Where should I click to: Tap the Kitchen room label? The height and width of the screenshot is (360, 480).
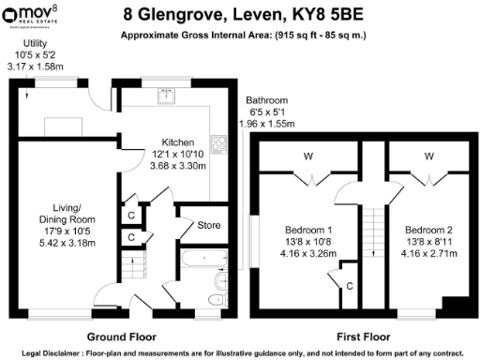tap(176, 142)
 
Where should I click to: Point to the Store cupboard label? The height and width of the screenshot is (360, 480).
tap(195, 225)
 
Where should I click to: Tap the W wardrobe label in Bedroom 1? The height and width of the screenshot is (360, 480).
tap(307, 156)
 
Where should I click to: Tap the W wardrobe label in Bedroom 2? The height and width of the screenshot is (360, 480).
tap(428, 156)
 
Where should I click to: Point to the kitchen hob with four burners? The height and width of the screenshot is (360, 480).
tap(218, 144)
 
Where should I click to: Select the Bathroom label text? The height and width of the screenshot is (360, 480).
tap(267, 99)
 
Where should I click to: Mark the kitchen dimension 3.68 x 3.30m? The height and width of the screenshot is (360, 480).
tap(176, 165)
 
